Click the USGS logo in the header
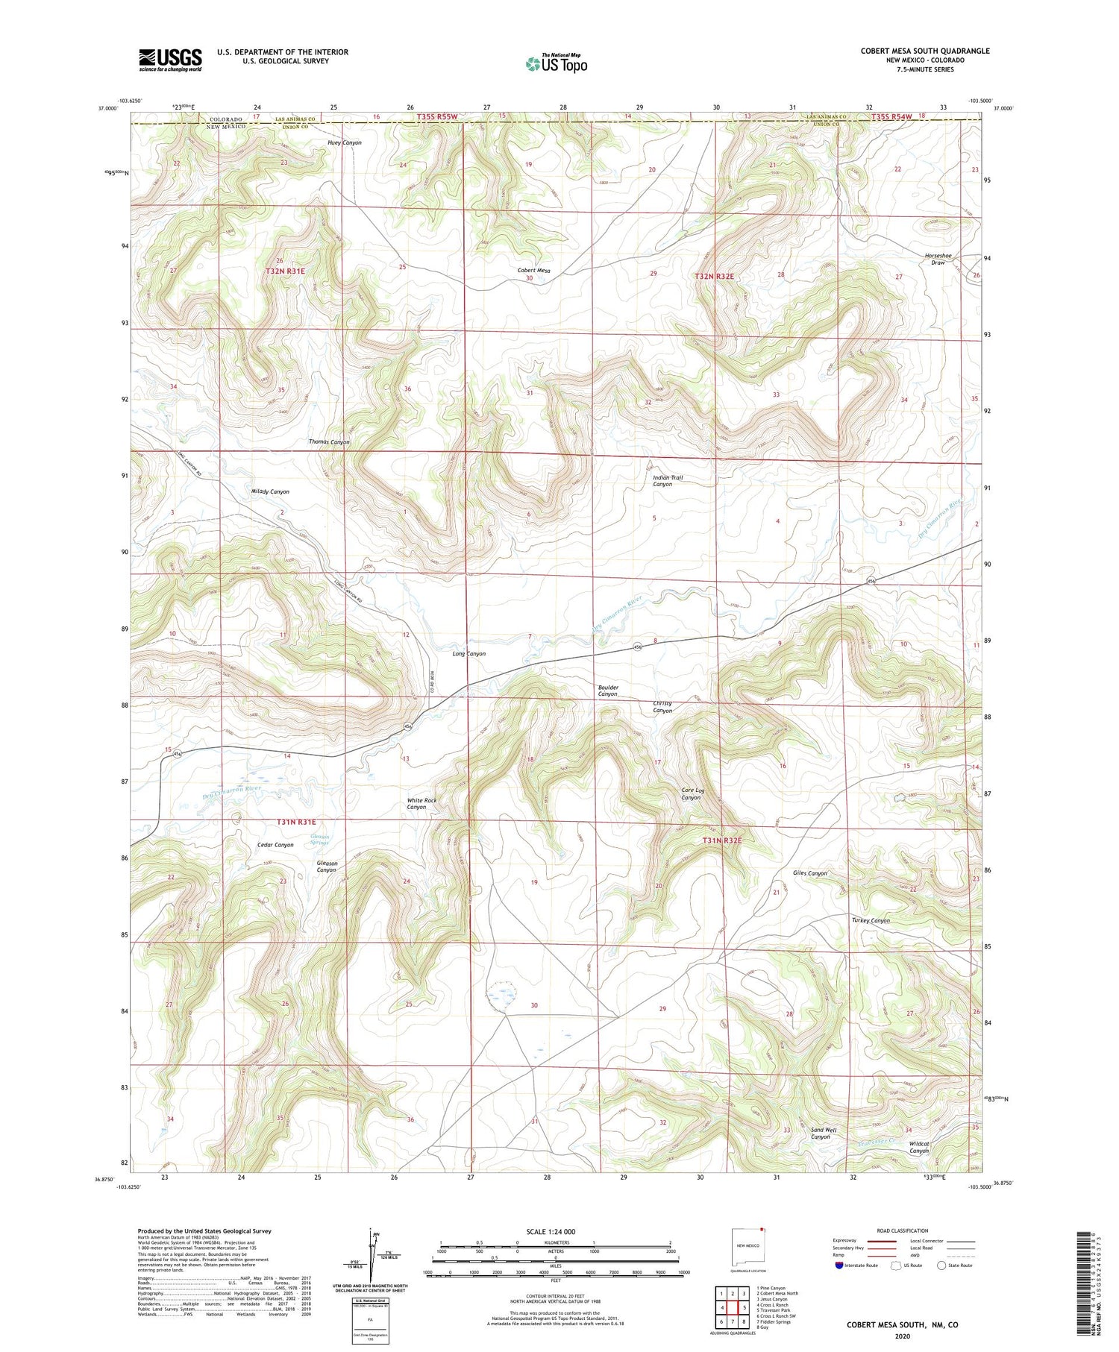click(170, 60)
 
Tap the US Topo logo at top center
click(557, 64)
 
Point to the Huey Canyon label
click(344, 142)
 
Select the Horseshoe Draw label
click(938, 259)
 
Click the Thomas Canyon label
click(329, 442)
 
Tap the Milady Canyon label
click(270, 492)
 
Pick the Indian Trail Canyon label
click(667, 481)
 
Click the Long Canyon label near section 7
click(469, 654)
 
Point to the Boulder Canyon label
click(608, 691)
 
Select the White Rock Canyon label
click(422, 804)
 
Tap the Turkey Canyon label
click(871, 920)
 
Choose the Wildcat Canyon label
click(919, 1147)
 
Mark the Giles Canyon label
click(809, 872)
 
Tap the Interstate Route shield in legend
click(839, 1265)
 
